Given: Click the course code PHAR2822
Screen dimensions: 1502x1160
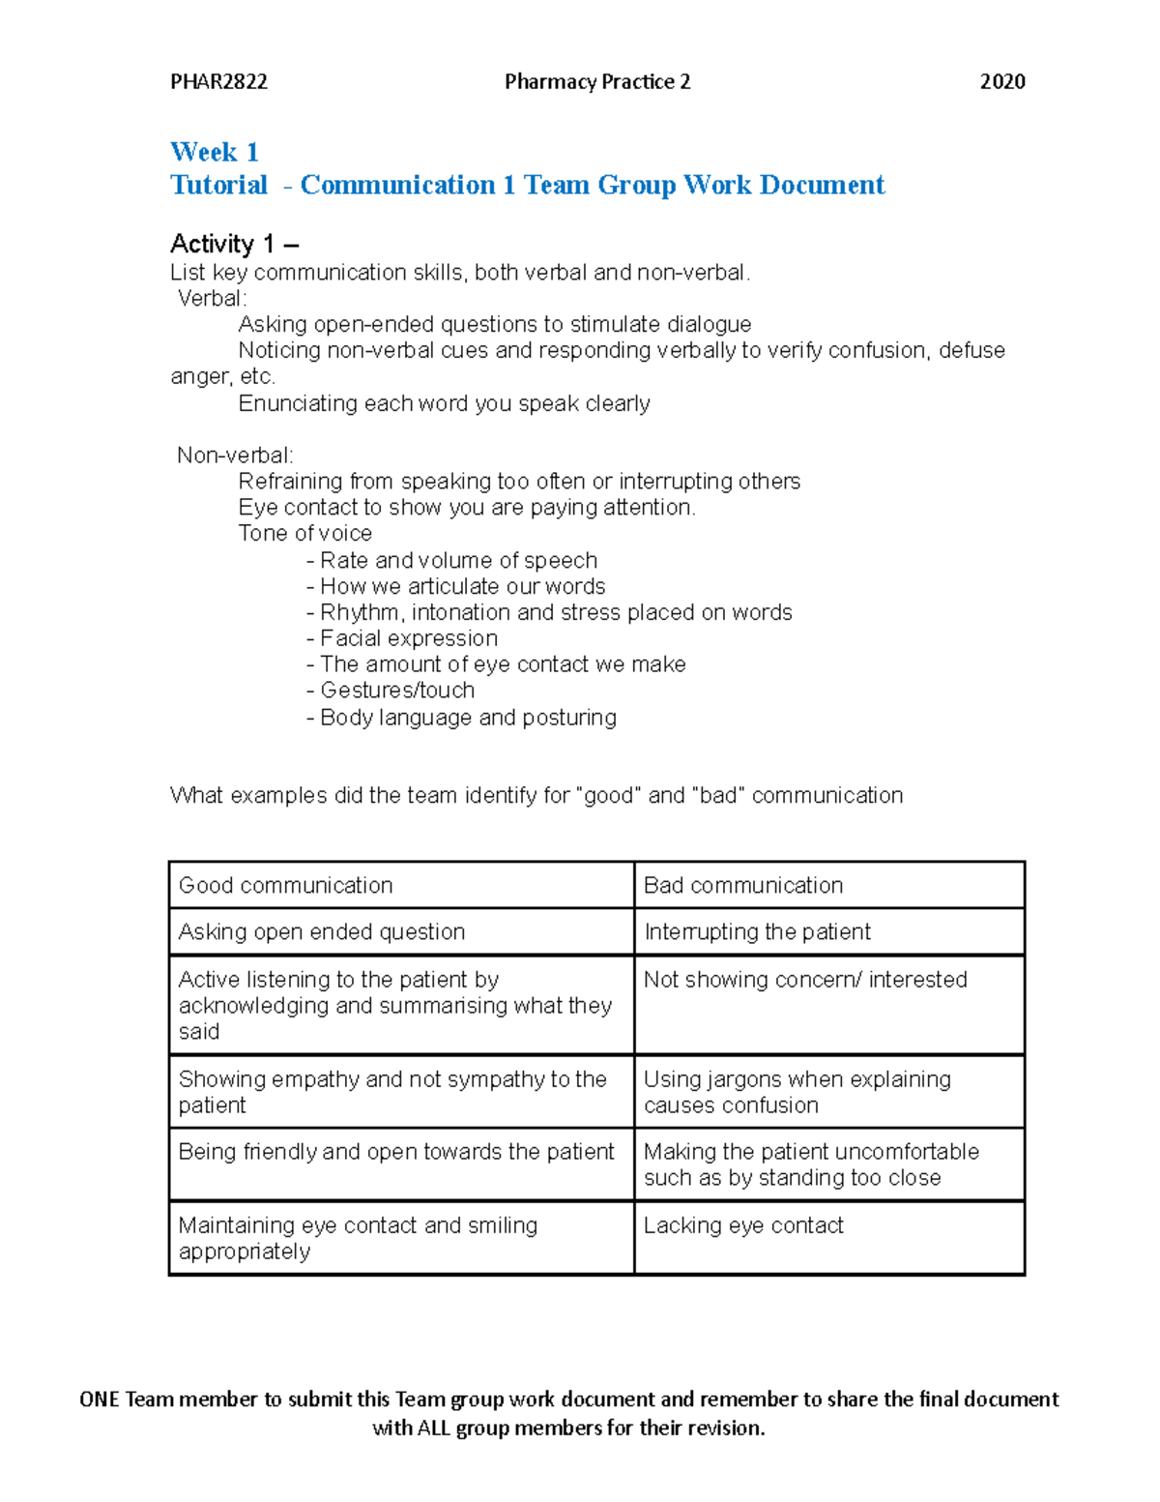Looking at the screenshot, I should coord(218,82).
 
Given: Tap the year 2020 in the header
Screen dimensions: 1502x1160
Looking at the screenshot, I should coord(1001,82).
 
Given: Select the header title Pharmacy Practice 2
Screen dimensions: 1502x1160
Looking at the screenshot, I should coord(597,82).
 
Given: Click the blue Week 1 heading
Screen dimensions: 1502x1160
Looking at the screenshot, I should coord(214,152).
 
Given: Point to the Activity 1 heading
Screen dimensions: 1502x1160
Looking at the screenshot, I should coord(234,244).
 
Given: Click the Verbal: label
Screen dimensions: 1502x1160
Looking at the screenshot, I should coord(213,299).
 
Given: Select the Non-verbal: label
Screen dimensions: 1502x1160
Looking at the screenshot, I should coord(235,456).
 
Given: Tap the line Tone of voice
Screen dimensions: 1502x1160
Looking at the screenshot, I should coord(304,534).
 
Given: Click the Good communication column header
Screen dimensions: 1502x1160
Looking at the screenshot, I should coord(285,885).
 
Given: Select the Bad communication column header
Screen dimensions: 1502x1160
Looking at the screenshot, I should coord(742,885).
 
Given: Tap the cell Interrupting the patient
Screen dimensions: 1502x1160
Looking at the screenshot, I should coord(757,932).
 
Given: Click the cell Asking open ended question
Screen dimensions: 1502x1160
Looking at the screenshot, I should coord(322,932).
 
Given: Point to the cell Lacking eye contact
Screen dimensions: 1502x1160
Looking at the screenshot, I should coord(742,1225).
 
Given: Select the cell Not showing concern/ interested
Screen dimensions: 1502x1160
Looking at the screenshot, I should coord(804,980).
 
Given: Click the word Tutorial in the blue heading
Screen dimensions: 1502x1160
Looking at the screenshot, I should coord(218,185).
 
